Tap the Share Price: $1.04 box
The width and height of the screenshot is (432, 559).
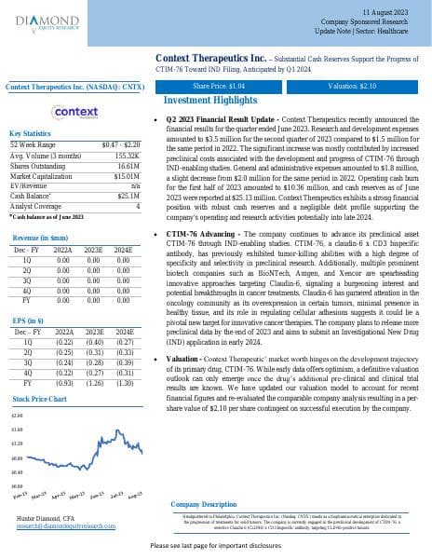[218, 86]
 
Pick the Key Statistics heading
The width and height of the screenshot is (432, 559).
[30, 134]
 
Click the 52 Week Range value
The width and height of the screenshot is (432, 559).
[120, 145]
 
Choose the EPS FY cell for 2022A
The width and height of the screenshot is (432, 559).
[64, 355]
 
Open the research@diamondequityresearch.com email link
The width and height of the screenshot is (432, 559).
[65, 526]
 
